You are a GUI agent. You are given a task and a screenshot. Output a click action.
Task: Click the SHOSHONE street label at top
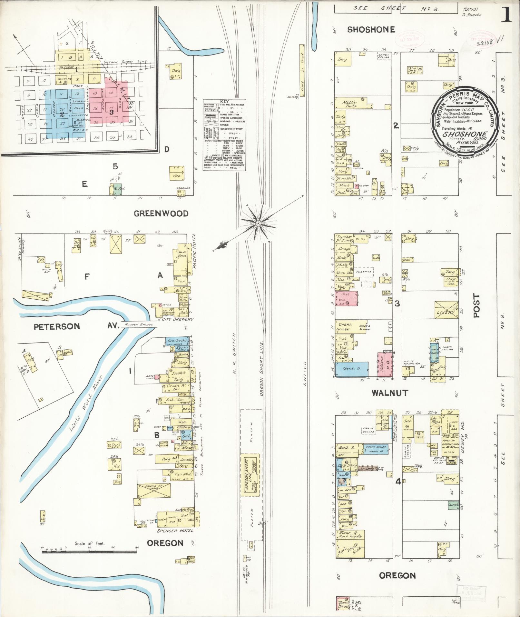pos(371,30)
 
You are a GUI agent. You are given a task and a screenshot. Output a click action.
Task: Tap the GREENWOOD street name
pos(161,214)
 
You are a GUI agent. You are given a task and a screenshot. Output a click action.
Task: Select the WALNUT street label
pos(389,393)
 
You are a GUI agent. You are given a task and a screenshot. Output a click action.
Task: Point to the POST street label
pos(476,305)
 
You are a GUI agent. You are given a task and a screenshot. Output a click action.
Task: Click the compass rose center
pos(258,223)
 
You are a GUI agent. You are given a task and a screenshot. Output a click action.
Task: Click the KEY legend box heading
pos(224,102)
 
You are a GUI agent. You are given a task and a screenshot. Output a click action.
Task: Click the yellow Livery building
pos(446,312)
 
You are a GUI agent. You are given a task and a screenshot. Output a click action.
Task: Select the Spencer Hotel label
pos(175,531)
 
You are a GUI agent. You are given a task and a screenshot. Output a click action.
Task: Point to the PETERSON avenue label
pos(57,326)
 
